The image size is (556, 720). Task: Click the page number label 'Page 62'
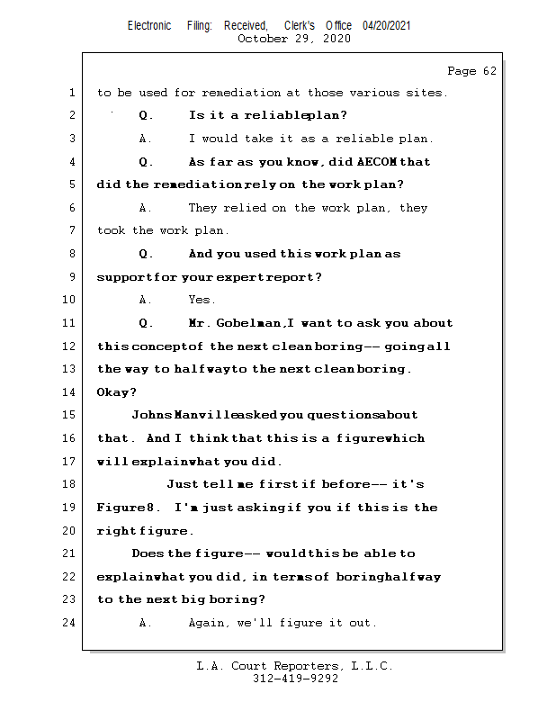[471, 71]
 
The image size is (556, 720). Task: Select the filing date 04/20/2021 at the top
[387, 25]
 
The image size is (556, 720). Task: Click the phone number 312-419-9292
[295, 679]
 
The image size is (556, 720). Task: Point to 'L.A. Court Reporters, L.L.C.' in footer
[295, 666]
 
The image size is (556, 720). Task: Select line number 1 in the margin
[72, 93]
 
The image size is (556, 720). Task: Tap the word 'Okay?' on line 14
[117, 392]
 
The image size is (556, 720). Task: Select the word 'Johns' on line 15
[149, 415]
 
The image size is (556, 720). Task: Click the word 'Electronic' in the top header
[149, 25]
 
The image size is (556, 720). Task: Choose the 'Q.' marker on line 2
[147, 115]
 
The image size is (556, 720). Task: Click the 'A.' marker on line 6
[147, 208]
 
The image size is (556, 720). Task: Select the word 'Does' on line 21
[148, 553]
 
